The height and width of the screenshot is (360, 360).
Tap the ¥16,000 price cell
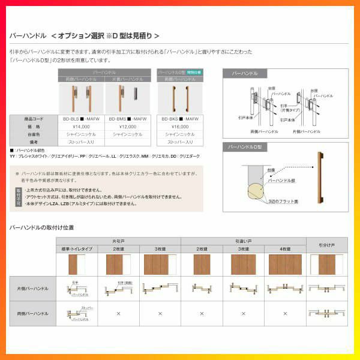[180, 127]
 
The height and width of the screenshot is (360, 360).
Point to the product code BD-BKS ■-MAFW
[180, 119]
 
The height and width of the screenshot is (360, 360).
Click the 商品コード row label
[34, 119]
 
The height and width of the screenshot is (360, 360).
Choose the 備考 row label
[34, 142]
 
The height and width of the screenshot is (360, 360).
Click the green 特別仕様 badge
[194, 72]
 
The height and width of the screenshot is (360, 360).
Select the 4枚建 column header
[285, 248]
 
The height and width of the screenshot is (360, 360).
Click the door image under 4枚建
[285, 264]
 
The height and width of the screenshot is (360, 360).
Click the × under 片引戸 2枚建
[118, 313]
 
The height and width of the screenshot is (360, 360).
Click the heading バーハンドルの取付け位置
[42, 228]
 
